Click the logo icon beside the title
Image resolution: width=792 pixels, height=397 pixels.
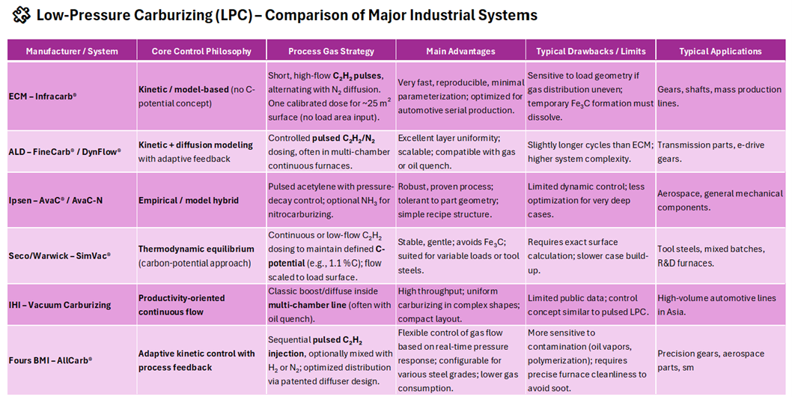pos(22,15)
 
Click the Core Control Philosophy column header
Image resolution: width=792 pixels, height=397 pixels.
pos(201,52)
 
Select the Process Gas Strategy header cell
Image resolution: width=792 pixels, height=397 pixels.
pos(331,52)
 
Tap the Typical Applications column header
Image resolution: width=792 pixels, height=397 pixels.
pos(720,52)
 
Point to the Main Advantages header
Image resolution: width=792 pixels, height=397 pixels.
pos(460,52)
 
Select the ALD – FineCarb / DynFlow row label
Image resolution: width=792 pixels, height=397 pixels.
pos(65,152)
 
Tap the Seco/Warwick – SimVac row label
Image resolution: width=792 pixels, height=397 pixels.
pos(60,255)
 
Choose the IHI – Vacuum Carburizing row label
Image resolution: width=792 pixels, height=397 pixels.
pos(60,305)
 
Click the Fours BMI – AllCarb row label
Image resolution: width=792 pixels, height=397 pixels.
pos(51,360)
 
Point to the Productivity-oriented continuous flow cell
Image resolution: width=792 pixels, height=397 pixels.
pos(182,305)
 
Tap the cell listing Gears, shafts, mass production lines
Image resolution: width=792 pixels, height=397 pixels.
pos(719,96)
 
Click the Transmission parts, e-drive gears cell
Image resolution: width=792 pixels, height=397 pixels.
pos(711,152)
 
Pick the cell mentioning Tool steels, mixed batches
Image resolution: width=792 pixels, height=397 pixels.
pos(711,255)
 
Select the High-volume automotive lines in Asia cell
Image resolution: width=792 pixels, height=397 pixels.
pos(716,305)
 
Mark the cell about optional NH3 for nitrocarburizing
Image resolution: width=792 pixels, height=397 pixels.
pos(331,200)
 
